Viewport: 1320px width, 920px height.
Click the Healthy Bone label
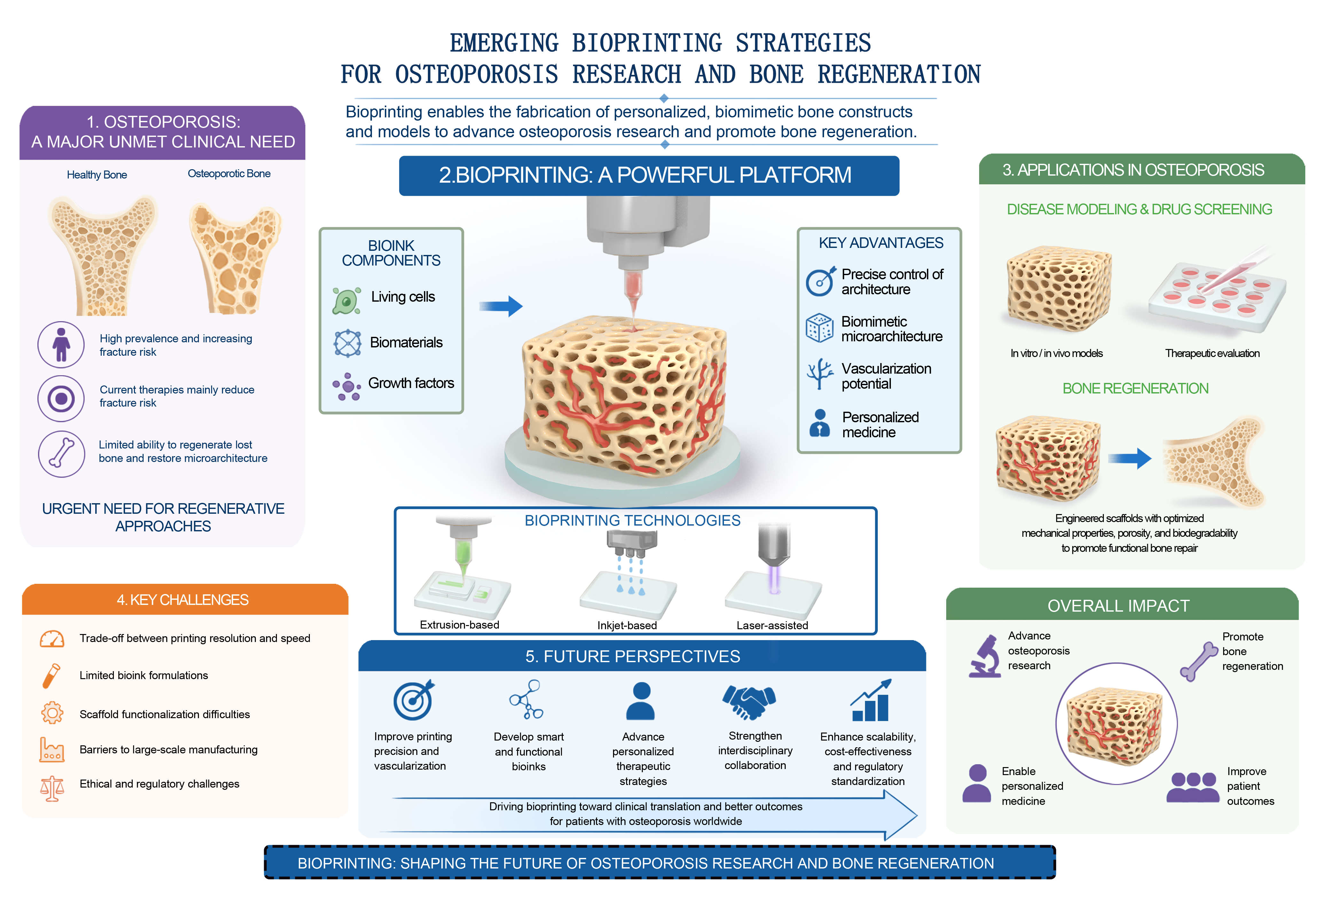pyautogui.click(x=97, y=175)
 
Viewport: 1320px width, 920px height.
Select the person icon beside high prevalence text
pyautogui.click(x=61, y=345)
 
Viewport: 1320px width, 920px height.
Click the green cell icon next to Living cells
pyautogui.click(x=347, y=300)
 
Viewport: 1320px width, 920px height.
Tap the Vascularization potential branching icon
pyautogui.click(x=819, y=374)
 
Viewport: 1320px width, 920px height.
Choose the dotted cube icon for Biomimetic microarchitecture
pyautogui.click(x=819, y=328)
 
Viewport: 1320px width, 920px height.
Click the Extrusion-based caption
pyautogui.click(x=460, y=625)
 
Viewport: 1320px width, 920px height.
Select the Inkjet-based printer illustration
pyautogui.click(x=630, y=572)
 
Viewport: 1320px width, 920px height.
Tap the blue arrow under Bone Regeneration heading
pyautogui.click(x=1130, y=458)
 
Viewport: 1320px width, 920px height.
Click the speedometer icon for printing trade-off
pyautogui.click(x=52, y=639)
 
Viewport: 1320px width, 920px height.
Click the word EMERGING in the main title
pyautogui.click(x=504, y=43)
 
